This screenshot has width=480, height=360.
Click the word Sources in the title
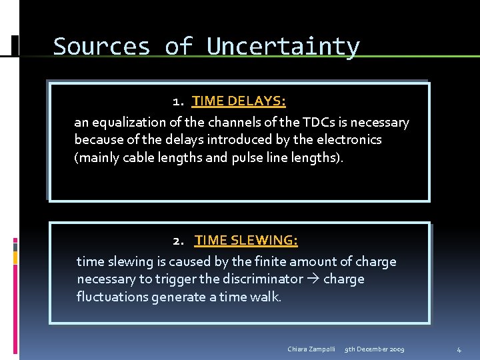pos(101,47)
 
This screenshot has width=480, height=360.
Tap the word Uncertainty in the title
pos(283,47)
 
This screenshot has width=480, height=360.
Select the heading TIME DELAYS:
pos(239,101)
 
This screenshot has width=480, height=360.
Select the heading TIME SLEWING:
pos(246,240)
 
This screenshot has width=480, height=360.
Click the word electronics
pos(348,140)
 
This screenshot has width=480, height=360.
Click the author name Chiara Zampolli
pos(311,349)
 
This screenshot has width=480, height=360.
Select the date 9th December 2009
pos(374,349)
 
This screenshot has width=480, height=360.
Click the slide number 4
pos(459,349)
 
